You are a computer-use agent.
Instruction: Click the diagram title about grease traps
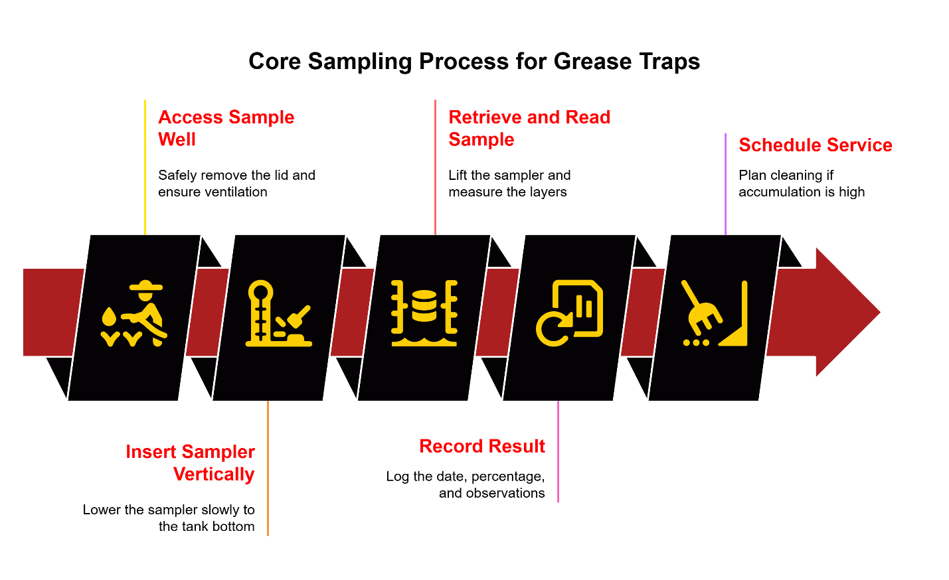click(474, 61)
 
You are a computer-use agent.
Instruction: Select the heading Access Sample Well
click(226, 128)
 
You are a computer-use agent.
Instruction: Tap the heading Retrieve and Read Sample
click(529, 128)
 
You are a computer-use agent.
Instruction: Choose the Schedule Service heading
click(815, 145)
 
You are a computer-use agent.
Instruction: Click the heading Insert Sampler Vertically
click(191, 463)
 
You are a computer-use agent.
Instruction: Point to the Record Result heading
click(482, 446)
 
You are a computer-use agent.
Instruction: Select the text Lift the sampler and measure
click(509, 183)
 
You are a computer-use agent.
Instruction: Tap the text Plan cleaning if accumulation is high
click(801, 183)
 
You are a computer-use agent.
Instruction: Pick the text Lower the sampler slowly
click(169, 518)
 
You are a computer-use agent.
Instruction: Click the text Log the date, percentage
click(466, 484)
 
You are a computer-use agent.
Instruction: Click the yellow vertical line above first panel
click(145, 166)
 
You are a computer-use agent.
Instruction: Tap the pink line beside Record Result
click(558, 451)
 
